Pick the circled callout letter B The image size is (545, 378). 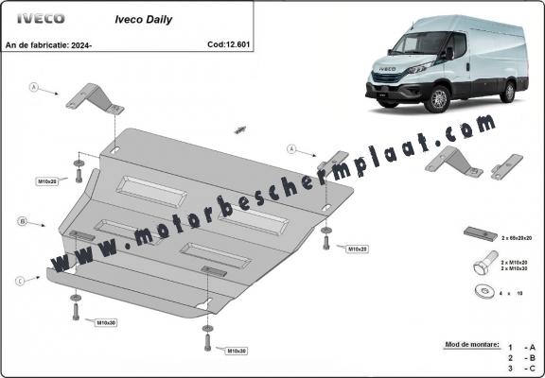click(21, 222)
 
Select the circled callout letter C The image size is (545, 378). click(21, 280)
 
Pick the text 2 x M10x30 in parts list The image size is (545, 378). click(515, 268)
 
